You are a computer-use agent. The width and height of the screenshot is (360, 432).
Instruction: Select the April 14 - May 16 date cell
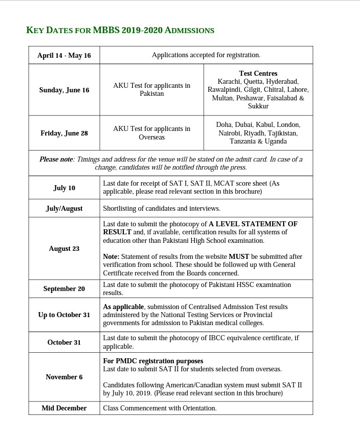(64, 55)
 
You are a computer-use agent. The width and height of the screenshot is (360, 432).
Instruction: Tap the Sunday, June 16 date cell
(64, 90)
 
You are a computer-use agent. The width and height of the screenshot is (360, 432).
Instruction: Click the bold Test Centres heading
(258, 73)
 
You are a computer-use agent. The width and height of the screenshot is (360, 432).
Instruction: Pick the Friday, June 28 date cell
(64, 133)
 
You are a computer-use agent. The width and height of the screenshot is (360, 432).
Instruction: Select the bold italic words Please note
(56, 159)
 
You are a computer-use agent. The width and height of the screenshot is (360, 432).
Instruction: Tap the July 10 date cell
(64, 188)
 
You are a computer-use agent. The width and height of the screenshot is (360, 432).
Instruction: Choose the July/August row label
(64, 208)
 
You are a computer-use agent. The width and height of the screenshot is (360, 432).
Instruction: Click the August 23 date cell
(64, 248)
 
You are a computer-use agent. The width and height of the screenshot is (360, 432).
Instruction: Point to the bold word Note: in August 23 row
(111, 256)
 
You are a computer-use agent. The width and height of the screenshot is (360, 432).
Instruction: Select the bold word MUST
(239, 256)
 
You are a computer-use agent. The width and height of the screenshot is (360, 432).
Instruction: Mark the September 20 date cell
(64, 289)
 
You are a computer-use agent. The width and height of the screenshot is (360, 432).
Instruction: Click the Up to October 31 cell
(64, 315)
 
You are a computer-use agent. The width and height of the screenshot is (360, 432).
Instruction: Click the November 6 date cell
(64, 377)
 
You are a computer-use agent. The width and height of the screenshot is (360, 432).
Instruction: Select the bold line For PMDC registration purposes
(153, 361)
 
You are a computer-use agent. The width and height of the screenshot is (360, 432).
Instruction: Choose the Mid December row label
(64, 408)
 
